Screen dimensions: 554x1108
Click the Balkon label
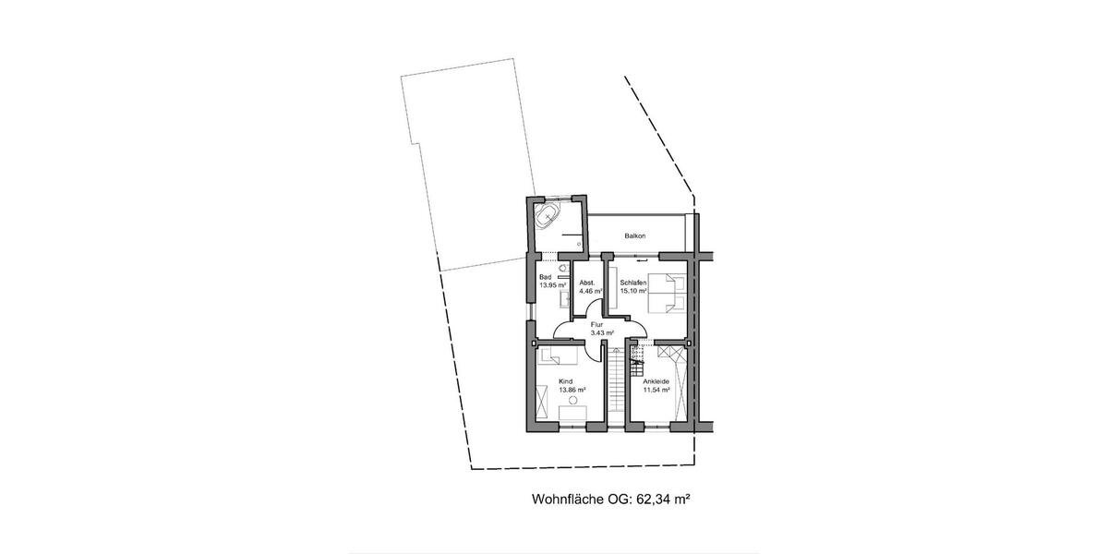click(x=634, y=236)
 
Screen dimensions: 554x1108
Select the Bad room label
click(x=545, y=277)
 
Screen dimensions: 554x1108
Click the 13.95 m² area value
click(x=552, y=285)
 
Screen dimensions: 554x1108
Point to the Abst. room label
click(x=587, y=283)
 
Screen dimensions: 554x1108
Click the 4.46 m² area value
click(x=590, y=291)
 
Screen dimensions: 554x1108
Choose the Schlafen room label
click(x=632, y=283)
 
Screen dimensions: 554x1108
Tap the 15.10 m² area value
click(x=633, y=291)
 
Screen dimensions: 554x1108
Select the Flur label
click(x=596, y=325)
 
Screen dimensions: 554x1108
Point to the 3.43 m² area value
click(x=602, y=332)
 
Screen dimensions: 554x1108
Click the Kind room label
click(x=565, y=380)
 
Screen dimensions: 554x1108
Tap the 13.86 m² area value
click(x=572, y=390)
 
